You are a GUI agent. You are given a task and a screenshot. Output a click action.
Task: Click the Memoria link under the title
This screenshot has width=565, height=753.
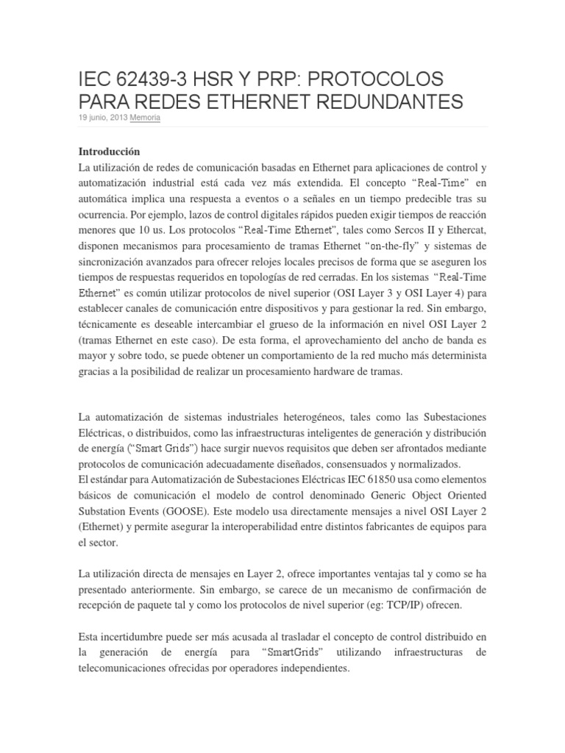point(146,118)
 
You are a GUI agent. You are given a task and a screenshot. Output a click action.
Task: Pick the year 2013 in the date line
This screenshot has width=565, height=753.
point(116,118)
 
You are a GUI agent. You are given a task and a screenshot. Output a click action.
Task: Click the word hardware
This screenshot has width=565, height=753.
point(314,372)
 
